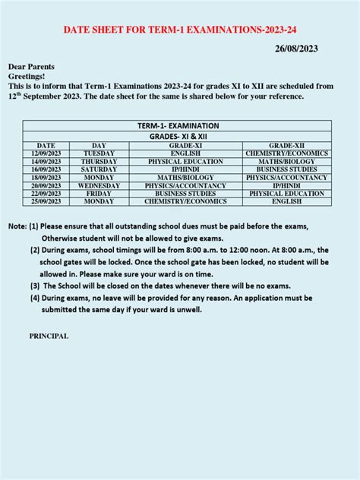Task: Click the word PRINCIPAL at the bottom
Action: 49,336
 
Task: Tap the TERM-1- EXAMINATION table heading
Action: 178,125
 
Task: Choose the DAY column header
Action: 99,145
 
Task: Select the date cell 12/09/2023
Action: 46,153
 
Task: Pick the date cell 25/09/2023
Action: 46,201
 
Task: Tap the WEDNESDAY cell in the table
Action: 99,185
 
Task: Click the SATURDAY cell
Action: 99,169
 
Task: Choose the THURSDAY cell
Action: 99,162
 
